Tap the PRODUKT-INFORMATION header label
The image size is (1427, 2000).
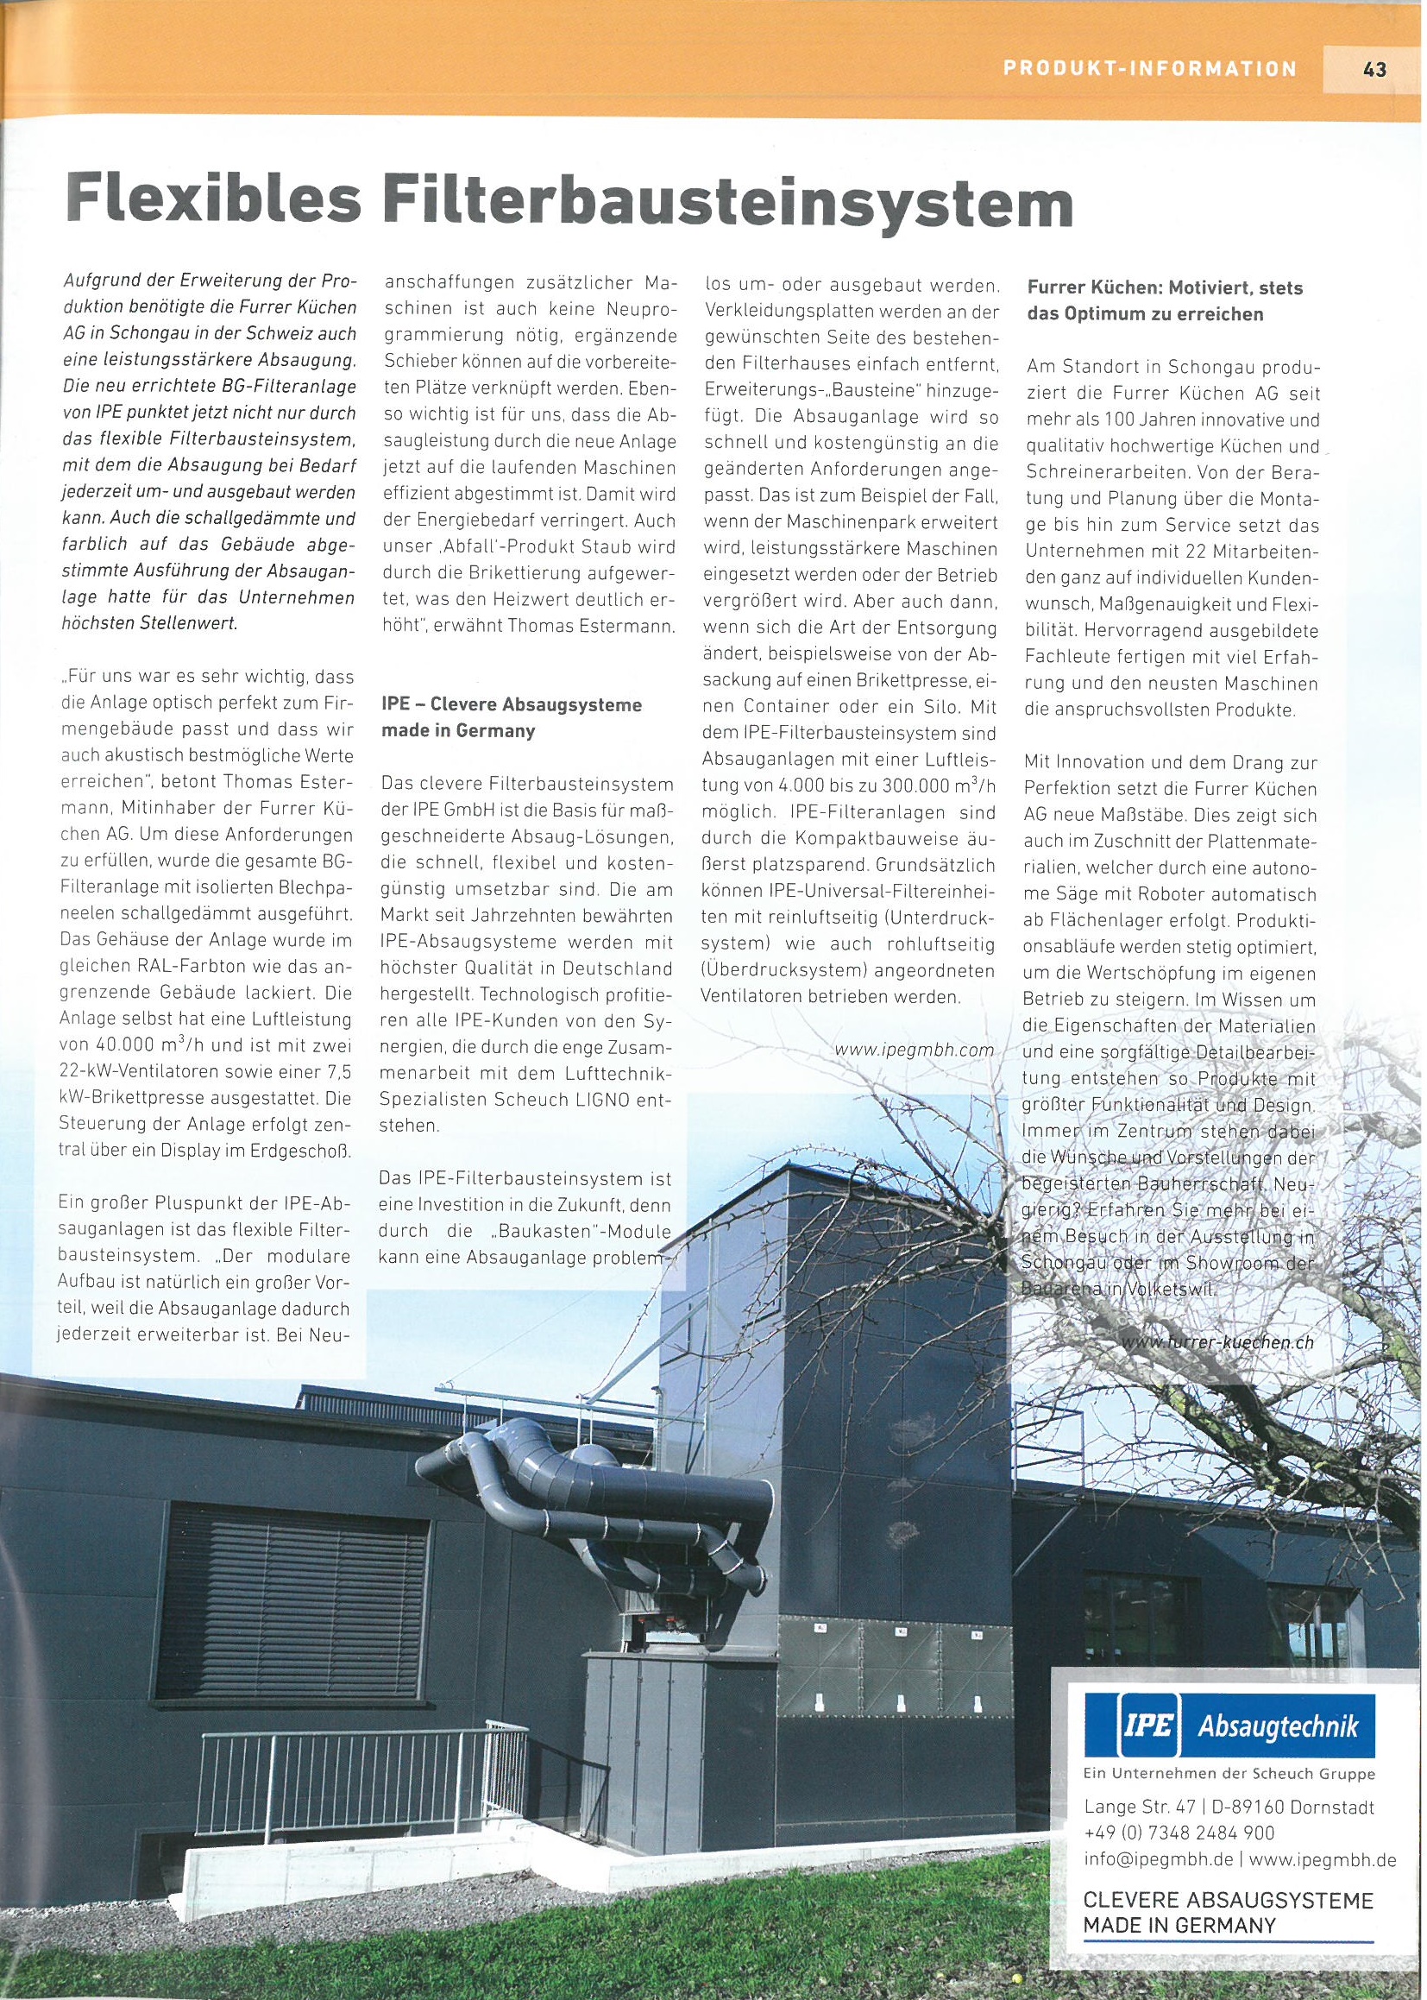pyautogui.click(x=1150, y=67)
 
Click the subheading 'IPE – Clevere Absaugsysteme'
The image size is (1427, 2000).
pyautogui.click(x=512, y=705)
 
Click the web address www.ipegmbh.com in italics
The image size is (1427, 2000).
pyautogui.click(x=915, y=1050)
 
